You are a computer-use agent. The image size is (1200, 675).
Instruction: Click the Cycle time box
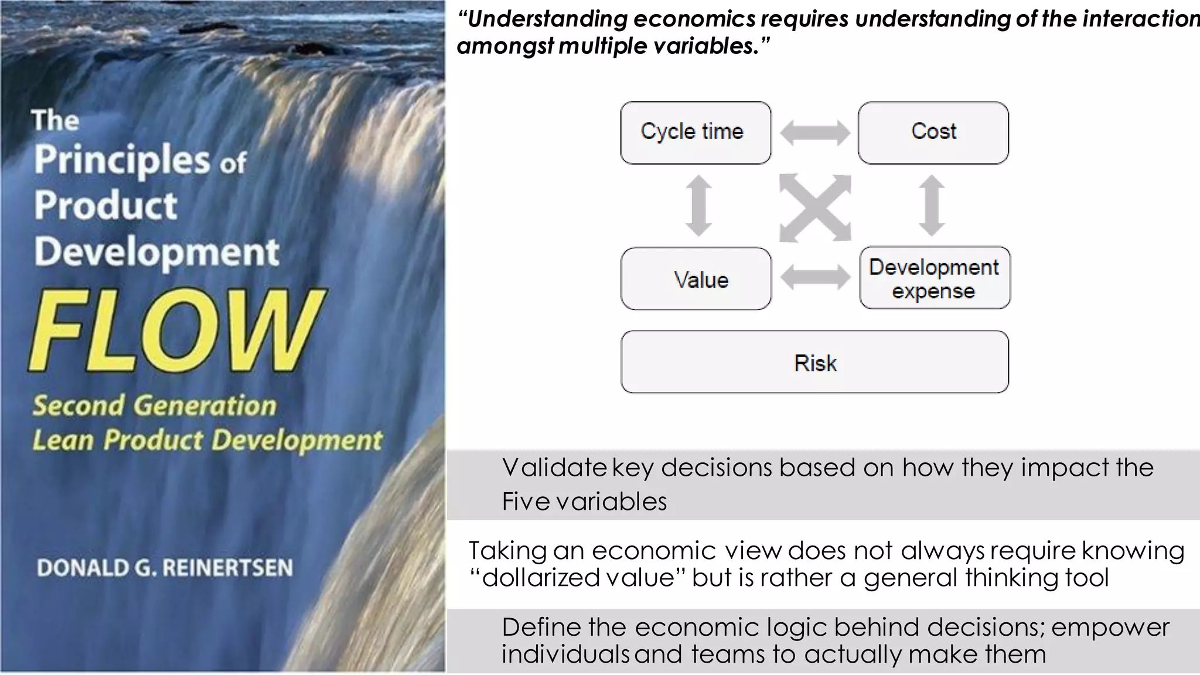pyautogui.click(x=696, y=132)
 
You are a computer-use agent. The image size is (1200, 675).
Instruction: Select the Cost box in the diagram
pyautogui.click(x=933, y=132)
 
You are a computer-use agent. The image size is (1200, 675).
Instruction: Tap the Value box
pyautogui.click(x=696, y=278)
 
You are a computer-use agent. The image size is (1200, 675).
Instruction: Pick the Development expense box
pyautogui.click(x=935, y=278)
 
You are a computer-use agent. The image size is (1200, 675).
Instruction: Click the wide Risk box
pyautogui.click(x=814, y=362)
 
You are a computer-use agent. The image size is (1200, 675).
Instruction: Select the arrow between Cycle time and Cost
pyautogui.click(x=814, y=132)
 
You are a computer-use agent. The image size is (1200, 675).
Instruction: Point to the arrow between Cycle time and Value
pyautogui.click(x=698, y=206)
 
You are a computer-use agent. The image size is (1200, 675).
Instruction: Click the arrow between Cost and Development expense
pyautogui.click(x=932, y=206)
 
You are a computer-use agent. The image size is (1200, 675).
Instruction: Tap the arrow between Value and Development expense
pyautogui.click(x=814, y=277)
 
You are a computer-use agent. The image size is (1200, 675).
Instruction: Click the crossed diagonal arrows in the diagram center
pyautogui.click(x=814, y=207)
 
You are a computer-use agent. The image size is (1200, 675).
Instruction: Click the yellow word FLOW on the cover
pyautogui.click(x=176, y=331)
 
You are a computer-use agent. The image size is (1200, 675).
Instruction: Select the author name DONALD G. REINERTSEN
pyautogui.click(x=165, y=568)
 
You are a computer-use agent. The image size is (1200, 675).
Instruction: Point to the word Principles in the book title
pyautogui.click(x=122, y=159)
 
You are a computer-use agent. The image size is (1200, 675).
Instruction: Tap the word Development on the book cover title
pyautogui.click(x=156, y=252)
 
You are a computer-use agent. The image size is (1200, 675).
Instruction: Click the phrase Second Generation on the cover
pyautogui.click(x=154, y=405)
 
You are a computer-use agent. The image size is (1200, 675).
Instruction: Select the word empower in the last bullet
pyautogui.click(x=1110, y=628)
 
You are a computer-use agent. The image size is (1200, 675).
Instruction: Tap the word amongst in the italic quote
pyautogui.click(x=504, y=46)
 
